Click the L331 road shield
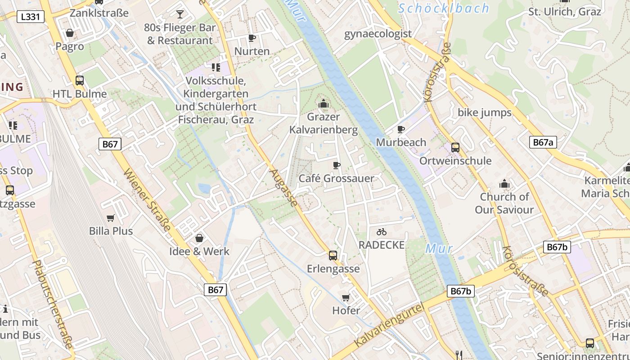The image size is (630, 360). coord(30,17)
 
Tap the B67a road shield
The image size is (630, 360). coord(543,143)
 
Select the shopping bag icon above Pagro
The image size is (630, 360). coord(70,33)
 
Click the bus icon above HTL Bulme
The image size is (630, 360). coord(80,81)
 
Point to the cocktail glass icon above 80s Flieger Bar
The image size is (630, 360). coord(180,14)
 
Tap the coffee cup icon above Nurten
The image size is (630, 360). coord(252,38)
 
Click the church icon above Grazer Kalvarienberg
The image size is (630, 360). coord(323,104)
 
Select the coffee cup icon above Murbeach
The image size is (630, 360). coord(401,130)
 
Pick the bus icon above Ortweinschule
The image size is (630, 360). coord(455,148)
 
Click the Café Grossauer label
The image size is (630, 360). coord(336,178)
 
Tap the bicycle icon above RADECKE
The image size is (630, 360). coord(382,232)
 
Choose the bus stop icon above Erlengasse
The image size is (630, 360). coord(333,256)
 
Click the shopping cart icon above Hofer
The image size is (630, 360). coord(346,297)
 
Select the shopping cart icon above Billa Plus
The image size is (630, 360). coord(111,218)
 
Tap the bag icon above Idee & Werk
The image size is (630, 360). coord(199,238)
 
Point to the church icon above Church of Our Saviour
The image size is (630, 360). coord(504,184)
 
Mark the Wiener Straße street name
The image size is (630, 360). coord(147,200)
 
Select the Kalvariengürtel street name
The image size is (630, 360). coord(389,325)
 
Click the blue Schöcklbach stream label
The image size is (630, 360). coord(444,8)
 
